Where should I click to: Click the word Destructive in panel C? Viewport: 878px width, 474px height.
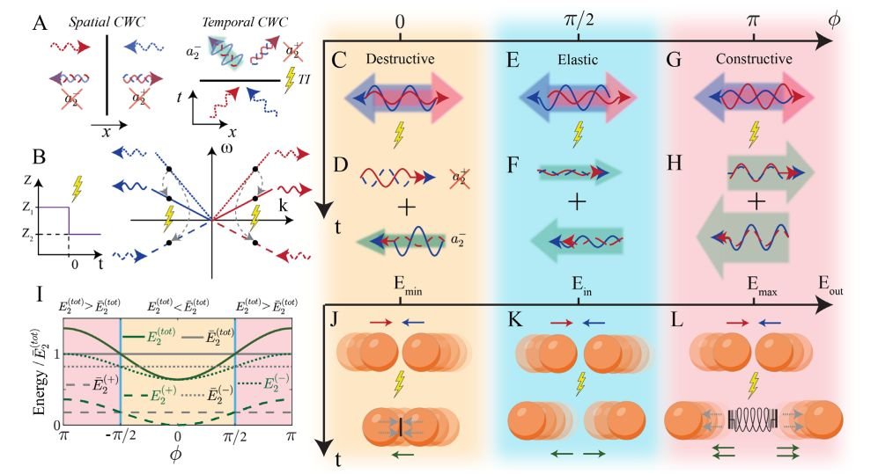point(400,59)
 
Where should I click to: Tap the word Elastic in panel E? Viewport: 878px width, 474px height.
point(578,59)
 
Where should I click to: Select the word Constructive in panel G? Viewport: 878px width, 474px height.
point(754,59)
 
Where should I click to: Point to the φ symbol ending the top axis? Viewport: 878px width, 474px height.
point(834,20)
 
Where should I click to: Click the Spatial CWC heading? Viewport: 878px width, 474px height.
point(107,22)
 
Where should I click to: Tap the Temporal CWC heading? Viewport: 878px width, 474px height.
point(244,22)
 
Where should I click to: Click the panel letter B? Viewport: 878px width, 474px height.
point(39,157)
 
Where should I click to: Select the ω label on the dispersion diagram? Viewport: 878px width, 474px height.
point(226,148)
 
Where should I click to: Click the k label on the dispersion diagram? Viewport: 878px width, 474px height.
point(283,205)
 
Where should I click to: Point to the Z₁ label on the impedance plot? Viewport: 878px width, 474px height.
point(27,208)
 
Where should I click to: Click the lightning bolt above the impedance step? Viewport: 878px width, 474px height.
point(77,189)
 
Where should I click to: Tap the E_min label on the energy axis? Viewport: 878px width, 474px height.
point(407,285)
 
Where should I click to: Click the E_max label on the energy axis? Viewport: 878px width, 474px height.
point(762,285)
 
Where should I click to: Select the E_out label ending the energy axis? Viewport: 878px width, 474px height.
point(830,285)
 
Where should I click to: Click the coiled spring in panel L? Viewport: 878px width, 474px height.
point(753,419)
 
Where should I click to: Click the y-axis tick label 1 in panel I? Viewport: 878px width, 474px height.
point(56,354)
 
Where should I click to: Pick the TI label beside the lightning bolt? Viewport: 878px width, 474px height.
point(304,80)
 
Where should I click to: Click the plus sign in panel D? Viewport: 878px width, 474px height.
point(407,208)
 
